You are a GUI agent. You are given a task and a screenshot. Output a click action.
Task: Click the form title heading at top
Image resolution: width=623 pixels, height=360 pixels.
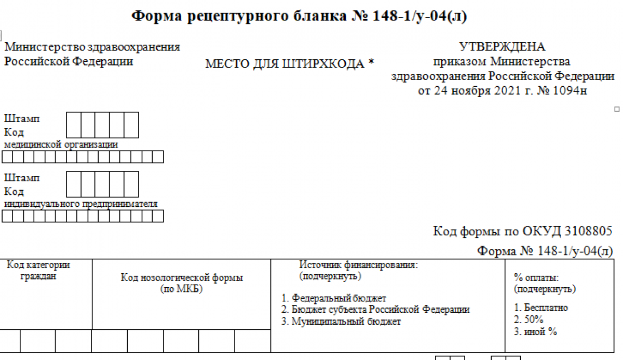[299, 16]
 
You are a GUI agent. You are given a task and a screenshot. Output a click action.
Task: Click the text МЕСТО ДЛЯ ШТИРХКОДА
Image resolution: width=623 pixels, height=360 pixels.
[285, 64]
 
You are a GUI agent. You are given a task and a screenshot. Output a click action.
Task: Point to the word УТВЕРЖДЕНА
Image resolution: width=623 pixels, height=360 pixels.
[503, 46]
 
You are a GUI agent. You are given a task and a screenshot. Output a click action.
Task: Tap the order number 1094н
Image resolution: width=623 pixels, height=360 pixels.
[570, 90]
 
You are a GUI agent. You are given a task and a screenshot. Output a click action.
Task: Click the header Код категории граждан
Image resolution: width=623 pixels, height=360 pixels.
[38, 270]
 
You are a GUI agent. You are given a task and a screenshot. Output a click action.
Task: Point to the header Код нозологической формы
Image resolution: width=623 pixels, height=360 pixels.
[182, 277]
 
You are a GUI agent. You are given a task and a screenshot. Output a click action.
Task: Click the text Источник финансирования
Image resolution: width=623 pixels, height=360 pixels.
[359, 264]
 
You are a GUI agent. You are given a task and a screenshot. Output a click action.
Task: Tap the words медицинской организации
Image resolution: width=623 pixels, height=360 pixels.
[61, 144]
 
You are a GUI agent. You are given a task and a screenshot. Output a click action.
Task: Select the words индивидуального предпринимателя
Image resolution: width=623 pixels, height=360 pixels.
[80, 204]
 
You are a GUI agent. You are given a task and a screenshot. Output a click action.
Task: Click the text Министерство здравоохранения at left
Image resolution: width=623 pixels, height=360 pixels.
[92, 47]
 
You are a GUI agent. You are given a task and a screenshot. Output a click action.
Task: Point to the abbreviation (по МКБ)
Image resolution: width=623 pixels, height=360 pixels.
[181, 289]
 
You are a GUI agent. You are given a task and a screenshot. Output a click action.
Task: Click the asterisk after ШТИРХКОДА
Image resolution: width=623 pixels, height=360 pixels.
[371, 62]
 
